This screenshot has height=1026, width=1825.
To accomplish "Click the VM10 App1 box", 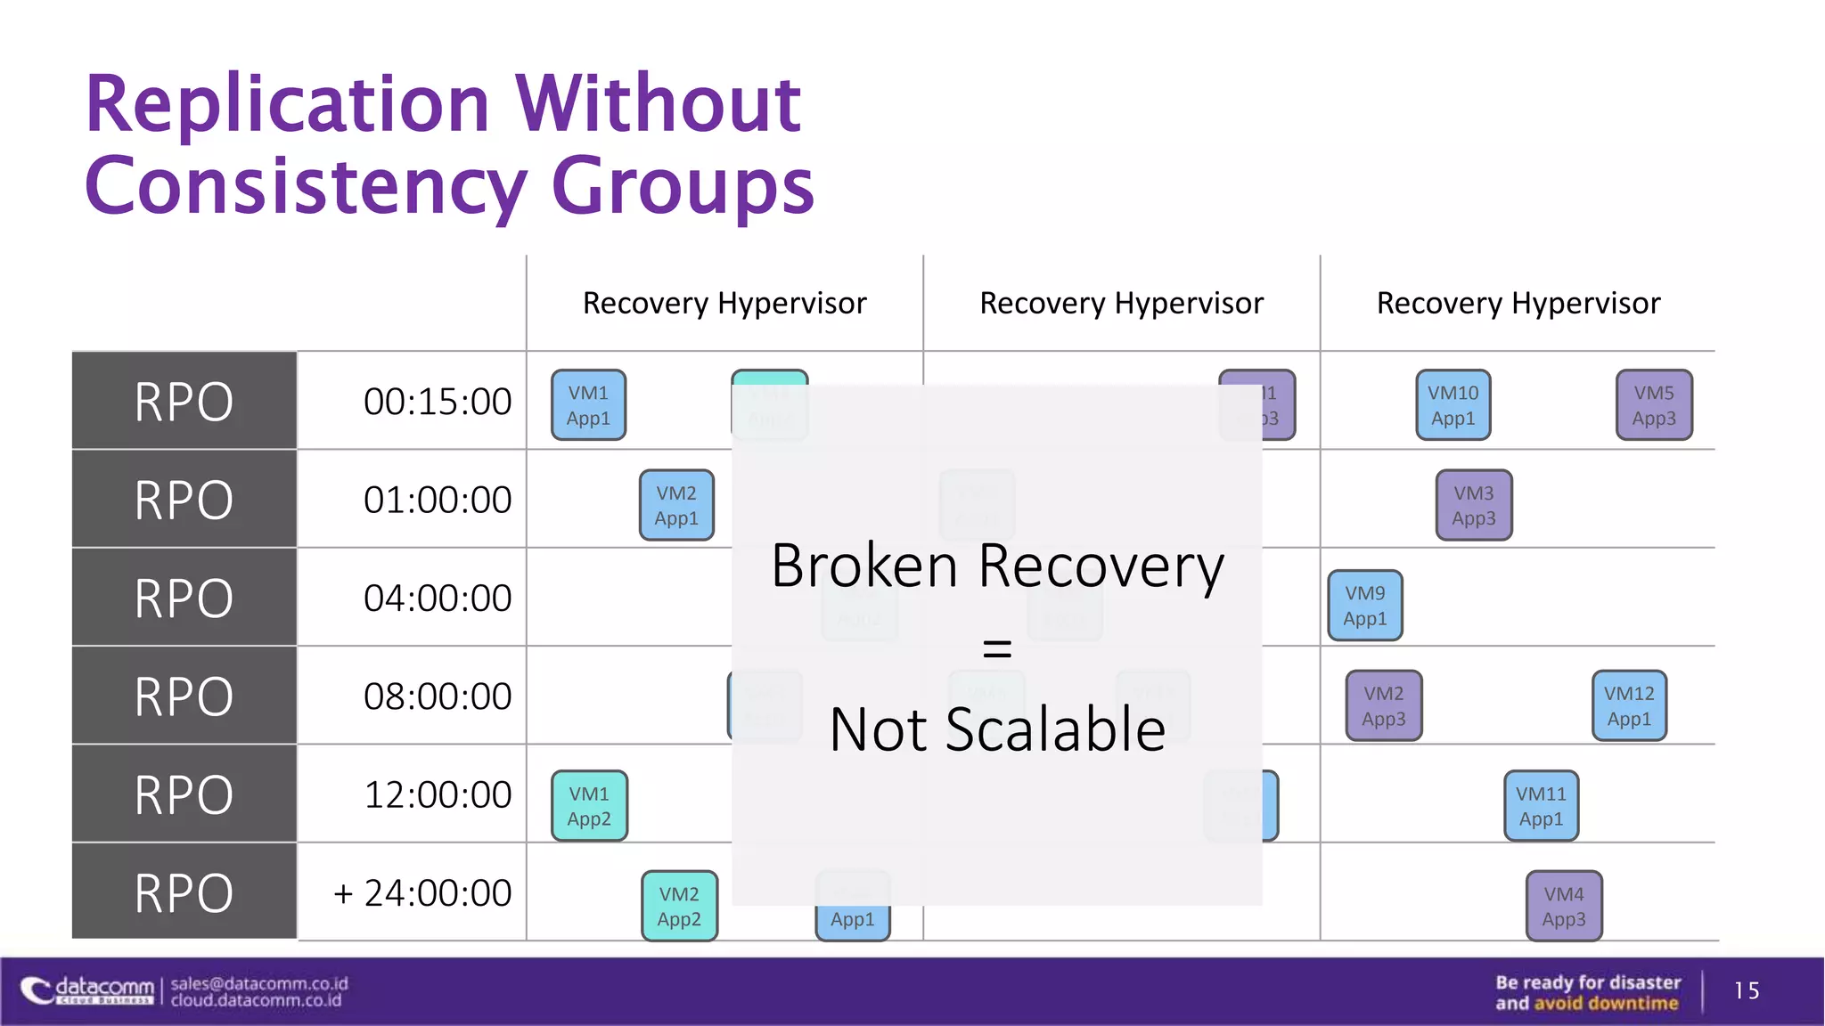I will click(x=1453, y=405).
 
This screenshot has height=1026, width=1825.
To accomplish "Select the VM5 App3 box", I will click(x=1653, y=405).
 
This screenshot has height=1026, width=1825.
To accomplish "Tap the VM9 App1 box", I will click(x=1364, y=606).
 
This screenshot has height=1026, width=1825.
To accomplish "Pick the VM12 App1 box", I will click(x=1628, y=705).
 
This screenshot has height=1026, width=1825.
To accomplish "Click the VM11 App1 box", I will click(x=1541, y=806).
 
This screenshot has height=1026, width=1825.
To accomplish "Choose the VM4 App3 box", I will click(x=1563, y=906).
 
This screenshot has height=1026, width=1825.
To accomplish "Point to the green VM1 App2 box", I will click(x=589, y=806).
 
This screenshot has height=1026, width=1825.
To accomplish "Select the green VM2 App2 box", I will click(x=679, y=906).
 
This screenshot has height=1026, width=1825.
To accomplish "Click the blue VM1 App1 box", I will click(x=588, y=405).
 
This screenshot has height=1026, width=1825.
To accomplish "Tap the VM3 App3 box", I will click(x=1473, y=505).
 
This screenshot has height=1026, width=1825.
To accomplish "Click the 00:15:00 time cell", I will click(x=437, y=402).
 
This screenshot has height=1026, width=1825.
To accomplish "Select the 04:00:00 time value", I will click(x=437, y=598).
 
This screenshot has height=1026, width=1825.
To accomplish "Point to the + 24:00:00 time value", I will click(x=422, y=892).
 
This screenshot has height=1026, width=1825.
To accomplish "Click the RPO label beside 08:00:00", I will click(x=184, y=696).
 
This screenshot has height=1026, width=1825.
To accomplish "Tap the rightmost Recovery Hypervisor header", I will click(x=1518, y=304).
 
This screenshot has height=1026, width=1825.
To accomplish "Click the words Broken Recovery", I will click(x=997, y=566).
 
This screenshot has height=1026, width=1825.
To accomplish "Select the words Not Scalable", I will click(x=997, y=729).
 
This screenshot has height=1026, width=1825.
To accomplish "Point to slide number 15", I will click(x=1746, y=990).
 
